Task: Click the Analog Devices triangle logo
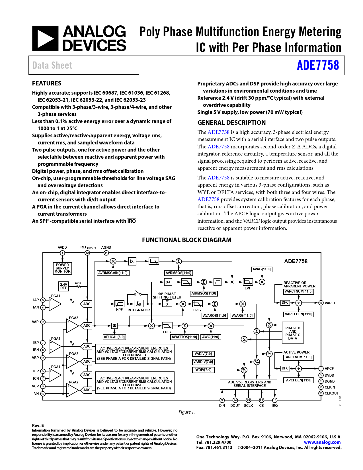(x=45, y=38)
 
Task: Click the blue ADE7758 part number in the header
(x=318, y=65)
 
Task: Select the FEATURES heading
(x=47, y=83)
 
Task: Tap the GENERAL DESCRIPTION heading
(x=231, y=123)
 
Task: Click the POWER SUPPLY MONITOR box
(x=62, y=268)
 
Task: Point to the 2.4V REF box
(x=63, y=286)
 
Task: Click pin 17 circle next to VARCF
(x=321, y=303)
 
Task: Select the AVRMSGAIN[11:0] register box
(x=113, y=273)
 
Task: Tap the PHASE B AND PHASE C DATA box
(x=293, y=333)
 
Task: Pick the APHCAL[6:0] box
(x=114, y=337)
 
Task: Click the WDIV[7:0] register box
(x=203, y=370)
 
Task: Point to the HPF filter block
(x=119, y=304)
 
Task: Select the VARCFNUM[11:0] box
(x=299, y=291)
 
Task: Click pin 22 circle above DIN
(x=222, y=400)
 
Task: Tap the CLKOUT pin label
(x=332, y=393)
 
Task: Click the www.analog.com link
(x=322, y=442)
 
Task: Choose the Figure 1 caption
(x=187, y=412)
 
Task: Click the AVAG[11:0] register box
(x=262, y=269)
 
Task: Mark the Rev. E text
(x=38, y=425)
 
